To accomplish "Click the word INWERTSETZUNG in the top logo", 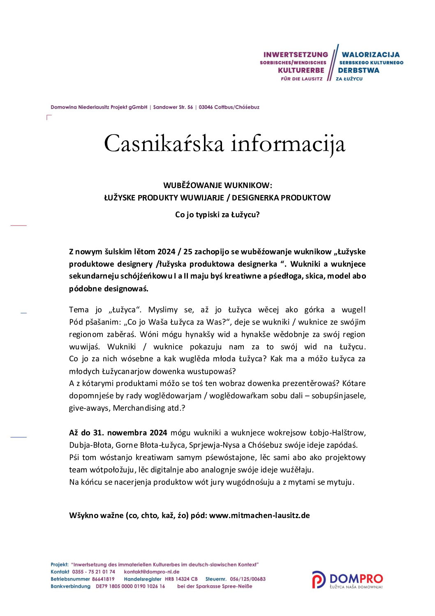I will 296,55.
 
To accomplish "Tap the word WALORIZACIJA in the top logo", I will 370,55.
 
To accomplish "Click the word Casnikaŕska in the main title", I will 164,144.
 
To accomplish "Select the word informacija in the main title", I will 288,144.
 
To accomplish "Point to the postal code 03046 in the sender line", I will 206,107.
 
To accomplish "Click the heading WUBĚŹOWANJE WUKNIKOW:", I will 217,185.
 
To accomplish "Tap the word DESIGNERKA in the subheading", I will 254,198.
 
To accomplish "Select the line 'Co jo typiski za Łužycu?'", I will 217,215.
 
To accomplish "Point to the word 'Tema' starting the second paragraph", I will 79,310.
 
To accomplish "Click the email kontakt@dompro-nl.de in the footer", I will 152,572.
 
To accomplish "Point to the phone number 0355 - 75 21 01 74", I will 93,572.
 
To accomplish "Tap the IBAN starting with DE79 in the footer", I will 130,586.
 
